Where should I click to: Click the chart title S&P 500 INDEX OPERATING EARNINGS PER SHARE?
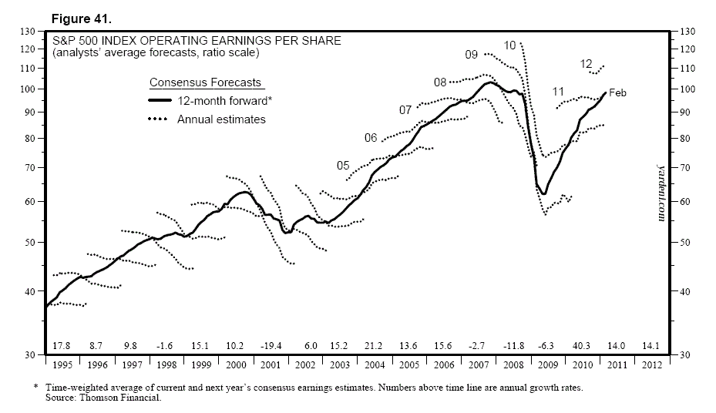point(196,41)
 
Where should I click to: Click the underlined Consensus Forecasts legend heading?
point(205,82)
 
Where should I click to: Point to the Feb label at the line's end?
point(618,93)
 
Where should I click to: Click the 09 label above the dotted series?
point(472,55)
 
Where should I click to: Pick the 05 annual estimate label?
point(344,166)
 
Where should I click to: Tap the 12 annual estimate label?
point(586,64)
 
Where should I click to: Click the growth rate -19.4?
point(271,345)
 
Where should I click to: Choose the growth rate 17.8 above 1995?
point(61,345)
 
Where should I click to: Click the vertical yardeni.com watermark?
point(661,193)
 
